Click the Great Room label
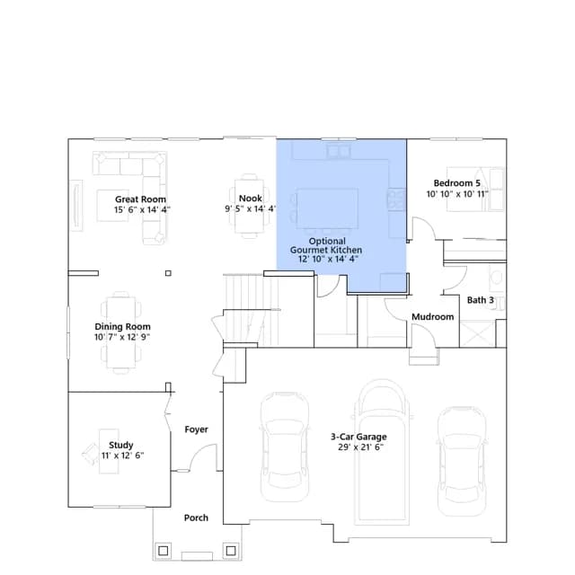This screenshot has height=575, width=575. [140, 199]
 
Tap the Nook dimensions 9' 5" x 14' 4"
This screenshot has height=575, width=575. [251, 208]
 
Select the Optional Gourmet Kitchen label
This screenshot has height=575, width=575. [326, 245]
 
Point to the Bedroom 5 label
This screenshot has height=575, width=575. [457, 183]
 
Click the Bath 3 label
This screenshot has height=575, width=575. [481, 300]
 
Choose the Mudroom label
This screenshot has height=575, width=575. [433, 316]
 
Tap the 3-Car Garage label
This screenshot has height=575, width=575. [358, 437]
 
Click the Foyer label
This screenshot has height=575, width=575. [196, 429]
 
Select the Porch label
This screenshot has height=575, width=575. [196, 517]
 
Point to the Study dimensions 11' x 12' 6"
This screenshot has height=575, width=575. [122, 456]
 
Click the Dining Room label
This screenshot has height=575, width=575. [122, 326]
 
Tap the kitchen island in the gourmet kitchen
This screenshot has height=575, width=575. [327, 208]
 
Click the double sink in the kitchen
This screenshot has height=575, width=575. [339, 151]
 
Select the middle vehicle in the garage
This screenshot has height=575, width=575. [382, 452]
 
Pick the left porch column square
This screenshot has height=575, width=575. [164, 551]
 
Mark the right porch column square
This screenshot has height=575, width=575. [231, 551]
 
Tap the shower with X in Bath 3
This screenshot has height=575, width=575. [477, 333]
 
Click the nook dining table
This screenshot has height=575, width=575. [250, 206]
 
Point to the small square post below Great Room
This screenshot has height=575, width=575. [168, 273]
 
